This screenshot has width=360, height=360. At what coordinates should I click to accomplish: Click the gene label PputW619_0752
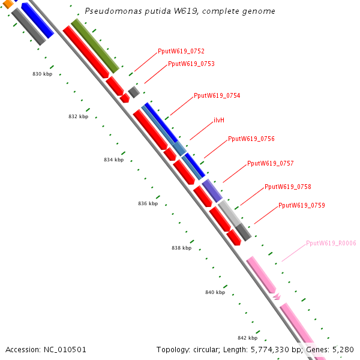point(181,52)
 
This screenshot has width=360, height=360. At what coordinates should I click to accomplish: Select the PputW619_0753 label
point(191,64)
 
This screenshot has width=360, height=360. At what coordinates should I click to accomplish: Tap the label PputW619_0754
point(217,96)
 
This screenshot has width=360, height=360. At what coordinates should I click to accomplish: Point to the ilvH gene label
point(219,121)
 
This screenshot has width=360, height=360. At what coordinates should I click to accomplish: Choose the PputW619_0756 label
point(251,139)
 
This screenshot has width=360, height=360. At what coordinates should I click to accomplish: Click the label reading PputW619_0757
point(270,163)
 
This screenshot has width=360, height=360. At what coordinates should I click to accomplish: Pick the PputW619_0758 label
point(287,187)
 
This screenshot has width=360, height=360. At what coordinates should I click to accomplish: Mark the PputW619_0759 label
point(301,206)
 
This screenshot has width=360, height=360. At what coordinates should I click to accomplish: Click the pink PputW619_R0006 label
point(331,244)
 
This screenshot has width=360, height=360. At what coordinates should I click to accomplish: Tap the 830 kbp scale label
point(42,74)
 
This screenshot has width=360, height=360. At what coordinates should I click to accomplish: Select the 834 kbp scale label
point(113,160)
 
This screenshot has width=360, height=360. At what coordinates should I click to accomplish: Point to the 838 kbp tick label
point(181,248)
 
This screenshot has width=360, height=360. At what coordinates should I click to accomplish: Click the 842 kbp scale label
point(247,338)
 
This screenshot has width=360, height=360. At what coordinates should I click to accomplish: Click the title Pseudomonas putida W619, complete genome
point(180,11)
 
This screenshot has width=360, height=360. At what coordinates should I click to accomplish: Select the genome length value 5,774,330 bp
point(289,349)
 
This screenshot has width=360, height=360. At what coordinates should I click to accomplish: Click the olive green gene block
point(95,45)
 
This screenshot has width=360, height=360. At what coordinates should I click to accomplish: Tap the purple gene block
point(212,190)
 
